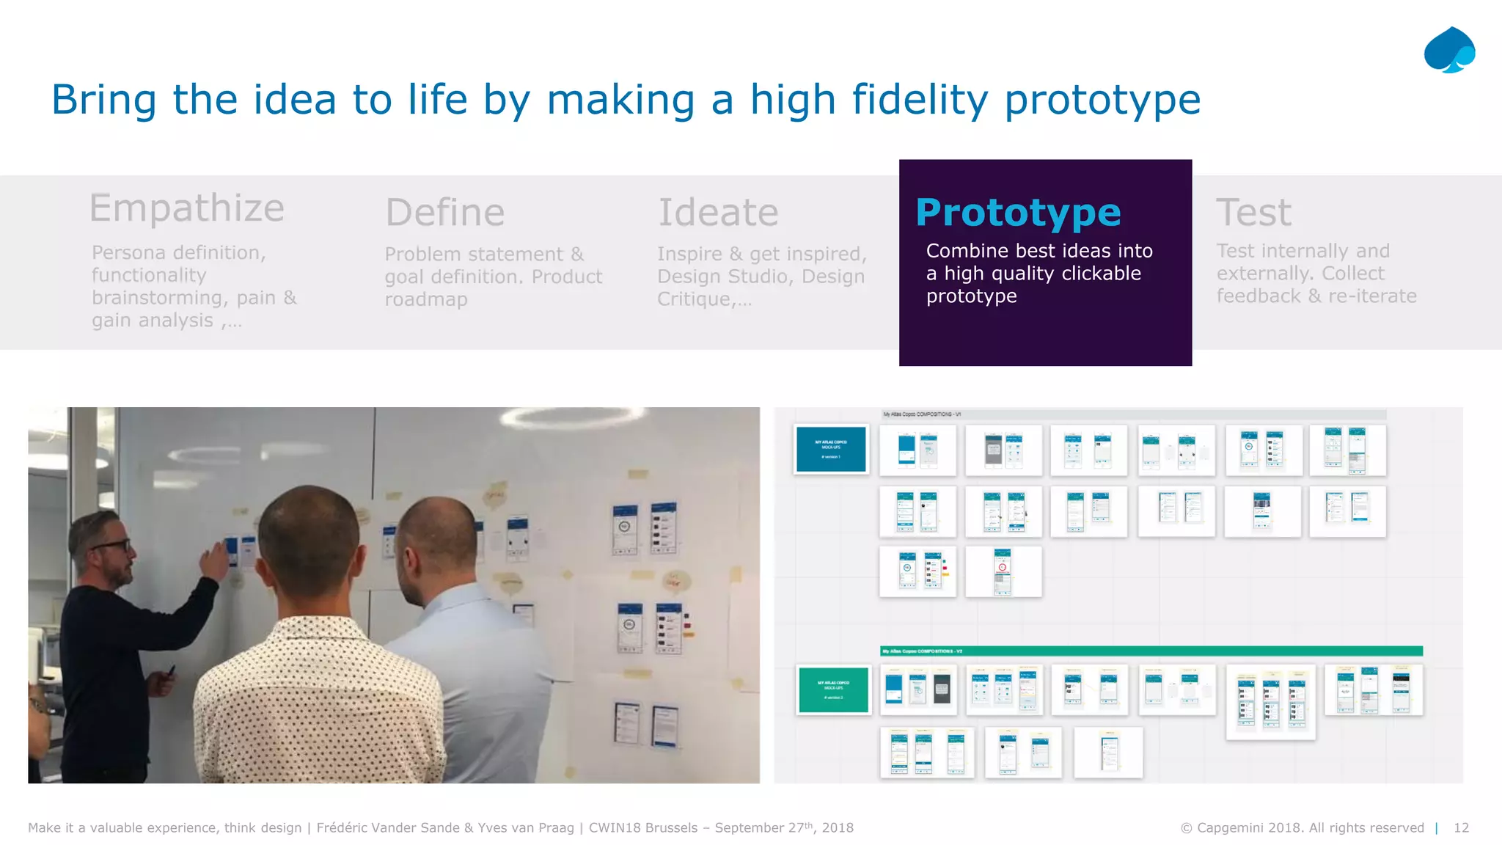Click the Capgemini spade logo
pos(1449,50)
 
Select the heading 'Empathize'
pos(186,208)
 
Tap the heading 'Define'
pos(445,212)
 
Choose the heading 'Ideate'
pos(718,212)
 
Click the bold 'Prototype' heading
pos(1018,212)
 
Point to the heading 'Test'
pos(1253,212)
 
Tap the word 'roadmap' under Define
pos(426,299)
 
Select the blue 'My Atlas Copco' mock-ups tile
pos(831,448)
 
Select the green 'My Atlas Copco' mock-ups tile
pos(833,689)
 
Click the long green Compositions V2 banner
pos(1151,651)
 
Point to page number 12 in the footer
pos(1461,827)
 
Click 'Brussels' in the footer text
pos(668,827)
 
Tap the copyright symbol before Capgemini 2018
pos(1186,828)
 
